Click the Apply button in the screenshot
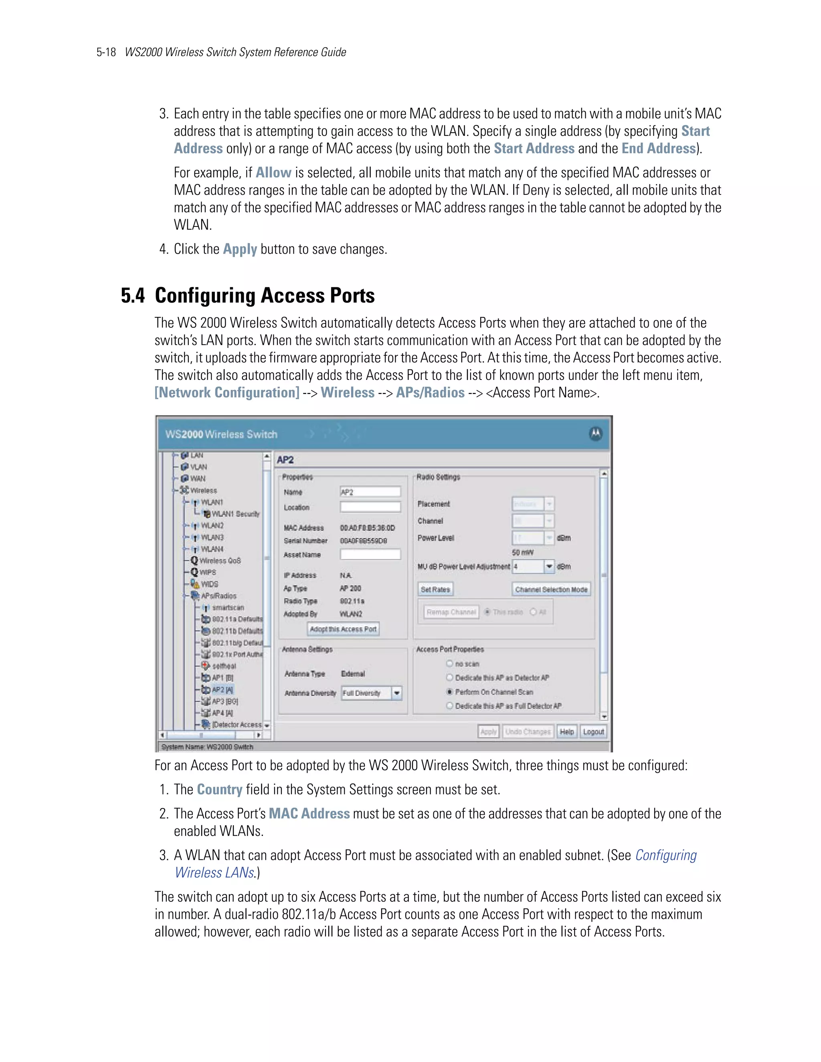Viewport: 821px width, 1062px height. click(488, 731)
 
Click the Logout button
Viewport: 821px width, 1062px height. click(593, 731)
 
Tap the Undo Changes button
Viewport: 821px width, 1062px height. click(528, 731)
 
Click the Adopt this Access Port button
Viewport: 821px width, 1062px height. click(344, 629)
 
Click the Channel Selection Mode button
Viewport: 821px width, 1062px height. click(551, 590)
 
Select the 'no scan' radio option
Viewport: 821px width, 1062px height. click(450, 663)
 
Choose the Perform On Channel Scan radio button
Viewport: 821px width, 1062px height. click(450, 691)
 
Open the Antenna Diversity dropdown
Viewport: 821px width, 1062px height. click(397, 693)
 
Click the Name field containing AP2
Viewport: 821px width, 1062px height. click(370, 492)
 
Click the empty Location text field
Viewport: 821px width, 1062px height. click(370, 507)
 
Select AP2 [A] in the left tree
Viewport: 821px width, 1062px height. click(222, 690)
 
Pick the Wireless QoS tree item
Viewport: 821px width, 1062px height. click(219, 561)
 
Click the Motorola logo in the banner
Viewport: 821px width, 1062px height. click(595, 434)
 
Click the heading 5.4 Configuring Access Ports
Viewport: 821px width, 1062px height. click(248, 296)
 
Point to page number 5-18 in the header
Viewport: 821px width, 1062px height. click(106, 52)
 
